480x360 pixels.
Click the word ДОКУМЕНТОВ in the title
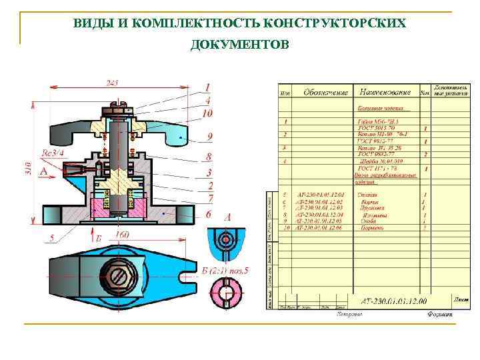pos(239,45)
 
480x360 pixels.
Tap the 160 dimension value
pos(122,235)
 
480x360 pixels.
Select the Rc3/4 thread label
pos(53,153)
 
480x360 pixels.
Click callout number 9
pos(209,136)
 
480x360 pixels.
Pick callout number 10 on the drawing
pos(208,114)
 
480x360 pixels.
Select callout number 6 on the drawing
pos(208,214)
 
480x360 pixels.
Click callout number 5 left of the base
pos(52,237)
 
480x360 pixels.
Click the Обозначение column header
pos(326,91)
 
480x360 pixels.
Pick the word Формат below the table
pos(440,313)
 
